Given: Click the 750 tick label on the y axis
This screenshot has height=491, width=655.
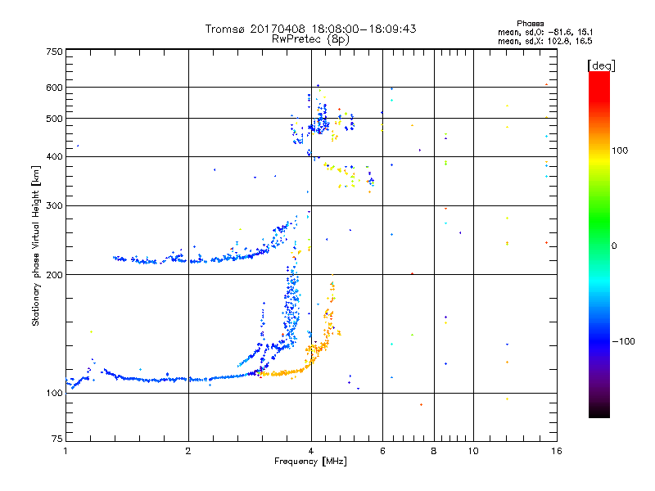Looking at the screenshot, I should coord(54,51).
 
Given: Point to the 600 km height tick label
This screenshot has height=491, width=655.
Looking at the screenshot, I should coord(54,88).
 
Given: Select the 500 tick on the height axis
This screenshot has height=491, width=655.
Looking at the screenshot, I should coord(54,119).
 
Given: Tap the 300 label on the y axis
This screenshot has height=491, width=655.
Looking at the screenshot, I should coord(54,205).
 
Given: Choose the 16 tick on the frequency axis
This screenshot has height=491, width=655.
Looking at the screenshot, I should coord(555,451).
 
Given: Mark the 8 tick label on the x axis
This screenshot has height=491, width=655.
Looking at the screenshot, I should coord(434,451).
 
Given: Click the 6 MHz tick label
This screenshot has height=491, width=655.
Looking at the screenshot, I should coord(382,451).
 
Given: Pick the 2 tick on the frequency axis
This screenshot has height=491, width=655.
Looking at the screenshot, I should coord(188,451).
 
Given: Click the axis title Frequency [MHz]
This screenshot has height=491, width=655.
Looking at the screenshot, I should coord(310,462).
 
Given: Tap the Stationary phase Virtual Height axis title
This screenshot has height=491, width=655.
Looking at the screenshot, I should coord(36,245).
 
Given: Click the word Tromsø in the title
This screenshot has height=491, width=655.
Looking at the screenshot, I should coord(225,29).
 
